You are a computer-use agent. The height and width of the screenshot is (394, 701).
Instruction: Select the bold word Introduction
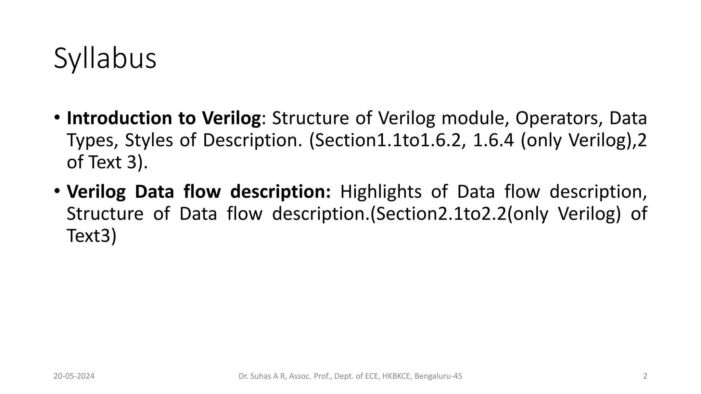(x=119, y=118)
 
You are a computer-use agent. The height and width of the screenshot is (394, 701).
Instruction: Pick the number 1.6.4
(x=493, y=140)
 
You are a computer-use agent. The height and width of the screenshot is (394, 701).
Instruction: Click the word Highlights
(x=381, y=192)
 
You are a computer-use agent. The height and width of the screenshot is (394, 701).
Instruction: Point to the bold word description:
(x=280, y=192)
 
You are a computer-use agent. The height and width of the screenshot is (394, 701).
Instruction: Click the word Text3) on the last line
(x=91, y=236)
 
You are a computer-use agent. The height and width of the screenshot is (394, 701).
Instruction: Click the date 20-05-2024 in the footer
(x=74, y=377)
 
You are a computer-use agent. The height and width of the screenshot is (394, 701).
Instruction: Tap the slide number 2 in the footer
(x=645, y=377)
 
